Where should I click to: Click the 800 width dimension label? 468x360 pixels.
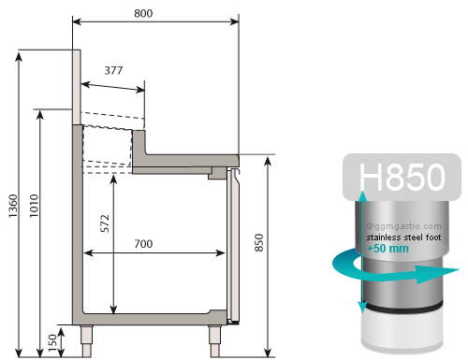pos(143,13)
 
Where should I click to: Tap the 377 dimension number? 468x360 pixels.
pos(113,70)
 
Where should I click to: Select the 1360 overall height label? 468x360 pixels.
pos(13,206)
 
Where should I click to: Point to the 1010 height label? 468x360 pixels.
pos(34,206)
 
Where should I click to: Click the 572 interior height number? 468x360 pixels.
pos(106,223)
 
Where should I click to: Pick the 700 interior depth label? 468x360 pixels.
pos(143,243)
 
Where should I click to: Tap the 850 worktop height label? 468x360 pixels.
pos(259,242)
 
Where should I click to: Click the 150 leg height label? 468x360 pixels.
pos(53,343)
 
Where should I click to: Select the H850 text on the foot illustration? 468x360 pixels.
pos(402,177)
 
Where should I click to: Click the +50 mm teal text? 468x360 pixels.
pos(388,249)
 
